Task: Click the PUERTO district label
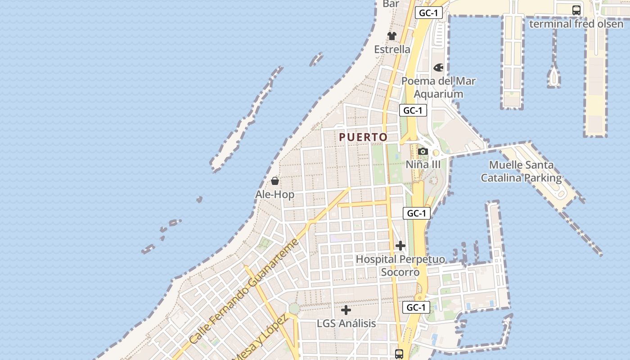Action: [363, 137]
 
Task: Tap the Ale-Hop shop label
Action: [274, 194]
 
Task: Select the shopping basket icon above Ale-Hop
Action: [275, 181]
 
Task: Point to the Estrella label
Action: [392, 49]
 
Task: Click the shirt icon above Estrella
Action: [392, 36]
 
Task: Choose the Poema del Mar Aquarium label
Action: [438, 87]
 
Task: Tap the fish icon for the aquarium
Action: [438, 67]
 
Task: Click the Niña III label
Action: [423, 164]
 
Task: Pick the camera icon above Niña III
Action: [423, 151]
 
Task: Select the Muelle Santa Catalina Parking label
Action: [521, 171]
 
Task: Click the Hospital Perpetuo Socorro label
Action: [400, 265]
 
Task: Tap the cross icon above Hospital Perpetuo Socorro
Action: [400, 246]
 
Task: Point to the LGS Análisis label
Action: [346, 323]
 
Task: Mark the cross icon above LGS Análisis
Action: [346, 310]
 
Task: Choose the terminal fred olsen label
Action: [576, 23]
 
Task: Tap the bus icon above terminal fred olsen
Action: [576, 10]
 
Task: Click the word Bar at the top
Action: [391, 4]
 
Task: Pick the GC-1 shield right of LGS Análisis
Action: [416, 307]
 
